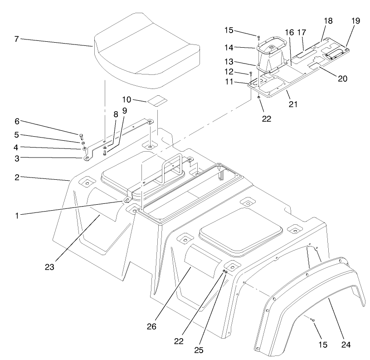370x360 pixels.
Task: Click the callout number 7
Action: [16, 39]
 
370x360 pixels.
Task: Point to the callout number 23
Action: [49, 267]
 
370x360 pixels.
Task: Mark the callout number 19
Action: [355, 21]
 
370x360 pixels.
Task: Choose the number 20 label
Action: [342, 79]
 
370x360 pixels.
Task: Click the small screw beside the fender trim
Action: [312, 320]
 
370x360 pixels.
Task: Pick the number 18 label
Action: [328, 21]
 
